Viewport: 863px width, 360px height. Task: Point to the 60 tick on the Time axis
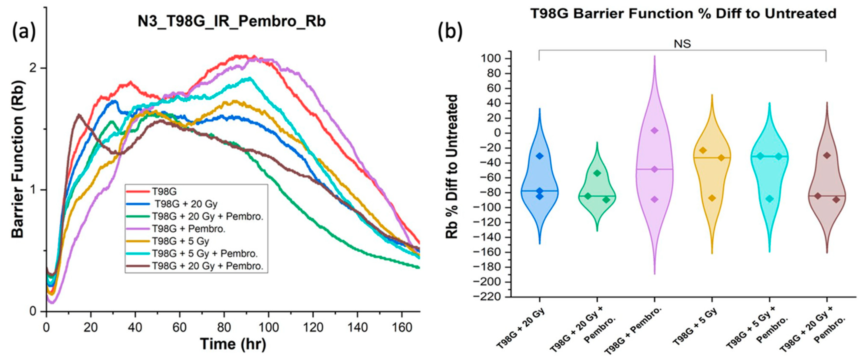[x=180, y=327]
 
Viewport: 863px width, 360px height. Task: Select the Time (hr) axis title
[x=233, y=344]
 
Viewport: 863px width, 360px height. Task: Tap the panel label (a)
[x=24, y=32]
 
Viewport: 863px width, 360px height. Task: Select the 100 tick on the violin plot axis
[x=491, y=59]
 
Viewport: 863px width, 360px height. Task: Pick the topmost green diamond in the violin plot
[x=597, y=173]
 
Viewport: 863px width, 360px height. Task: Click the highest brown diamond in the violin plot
[x=827, y=155]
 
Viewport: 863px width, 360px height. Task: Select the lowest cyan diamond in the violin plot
[x=770, y=198]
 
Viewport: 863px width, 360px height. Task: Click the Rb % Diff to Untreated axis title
[x=452, y=166]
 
